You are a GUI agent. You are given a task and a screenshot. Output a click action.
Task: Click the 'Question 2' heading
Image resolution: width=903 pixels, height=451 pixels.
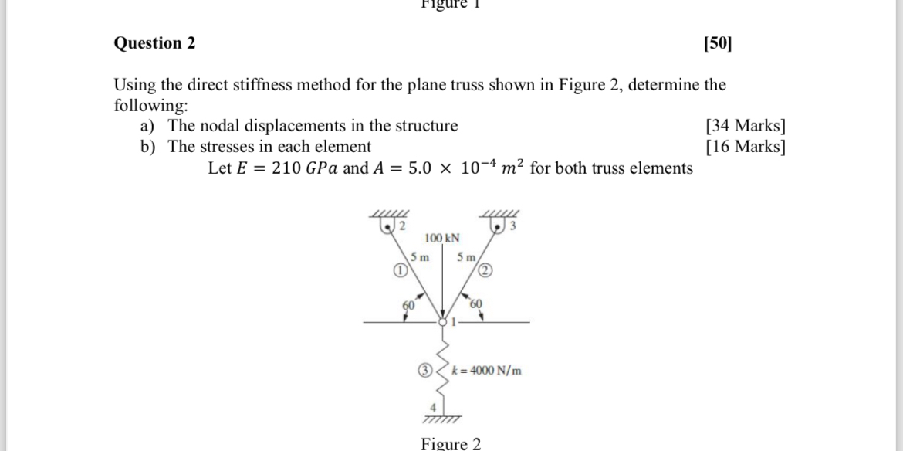[x=154, y=43]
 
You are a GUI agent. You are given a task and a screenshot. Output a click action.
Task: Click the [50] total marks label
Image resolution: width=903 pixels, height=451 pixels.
[x=717, y=43]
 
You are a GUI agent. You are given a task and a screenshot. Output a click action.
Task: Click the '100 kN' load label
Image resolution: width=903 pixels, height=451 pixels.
[x=442, y=238]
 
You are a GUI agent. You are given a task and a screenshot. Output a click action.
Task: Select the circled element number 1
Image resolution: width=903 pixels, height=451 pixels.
[x=399, y=270]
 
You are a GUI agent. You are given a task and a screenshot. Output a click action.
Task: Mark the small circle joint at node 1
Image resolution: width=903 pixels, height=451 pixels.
[x=442, y=322]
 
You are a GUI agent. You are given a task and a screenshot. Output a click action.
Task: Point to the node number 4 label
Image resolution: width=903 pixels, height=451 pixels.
[x=433, y=408]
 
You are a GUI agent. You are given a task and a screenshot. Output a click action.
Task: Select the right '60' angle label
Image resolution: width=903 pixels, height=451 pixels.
[x=475, y=303]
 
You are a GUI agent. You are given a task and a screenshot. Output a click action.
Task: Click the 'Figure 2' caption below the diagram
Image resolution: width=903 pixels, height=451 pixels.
[x=451, y=443]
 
